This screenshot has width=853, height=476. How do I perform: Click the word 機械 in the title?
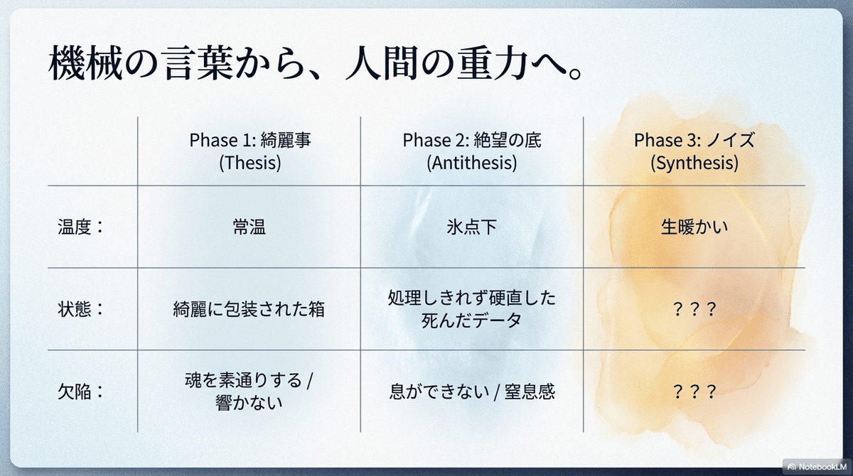coord(86,63)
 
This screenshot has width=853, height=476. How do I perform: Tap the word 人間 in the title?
coord(381,63)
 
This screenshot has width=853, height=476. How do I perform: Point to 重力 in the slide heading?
coord(493,63)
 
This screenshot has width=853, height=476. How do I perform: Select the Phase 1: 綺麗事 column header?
coord(250,140)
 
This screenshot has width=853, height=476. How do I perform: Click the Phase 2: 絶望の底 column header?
coord(472,140)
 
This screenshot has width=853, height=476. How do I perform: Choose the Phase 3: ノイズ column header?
coord(694,140)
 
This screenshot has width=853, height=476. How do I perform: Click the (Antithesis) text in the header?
coord(472,163)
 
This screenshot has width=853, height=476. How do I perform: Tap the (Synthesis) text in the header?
coord(694,163)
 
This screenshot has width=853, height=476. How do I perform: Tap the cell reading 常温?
coord(250,227)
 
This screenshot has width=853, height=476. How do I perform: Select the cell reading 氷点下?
coord(472,227)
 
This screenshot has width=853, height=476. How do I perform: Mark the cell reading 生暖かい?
coord(694,227)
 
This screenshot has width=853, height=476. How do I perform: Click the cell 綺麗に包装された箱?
coord(249,309)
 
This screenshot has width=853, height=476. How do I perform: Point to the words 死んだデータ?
coord(471,320)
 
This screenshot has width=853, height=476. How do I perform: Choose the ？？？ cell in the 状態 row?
coord(694,309)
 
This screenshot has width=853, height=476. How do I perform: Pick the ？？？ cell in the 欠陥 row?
coord(694,391)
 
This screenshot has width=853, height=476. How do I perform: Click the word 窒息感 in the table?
coord(530,391)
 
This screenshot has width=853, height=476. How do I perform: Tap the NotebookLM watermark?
coord(817,467)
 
